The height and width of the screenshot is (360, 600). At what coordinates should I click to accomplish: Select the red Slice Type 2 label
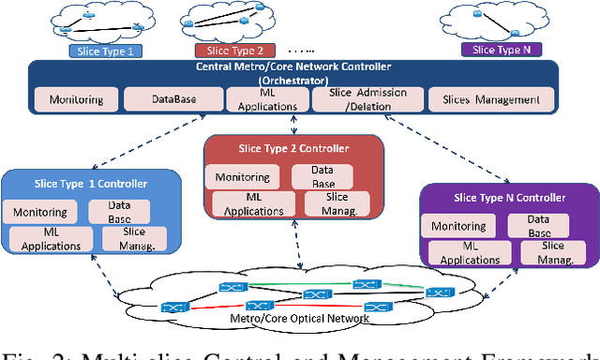tap(233, 50)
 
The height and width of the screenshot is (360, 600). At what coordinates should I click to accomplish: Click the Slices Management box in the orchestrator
tap(484, 99)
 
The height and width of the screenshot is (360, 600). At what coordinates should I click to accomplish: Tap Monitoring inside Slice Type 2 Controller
tap(242, 176)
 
